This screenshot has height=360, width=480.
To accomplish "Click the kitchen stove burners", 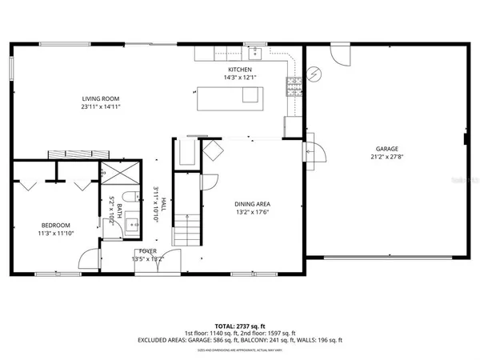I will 293,84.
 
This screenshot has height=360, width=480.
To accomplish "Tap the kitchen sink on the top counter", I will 255,54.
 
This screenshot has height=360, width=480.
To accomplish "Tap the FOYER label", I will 147,251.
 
